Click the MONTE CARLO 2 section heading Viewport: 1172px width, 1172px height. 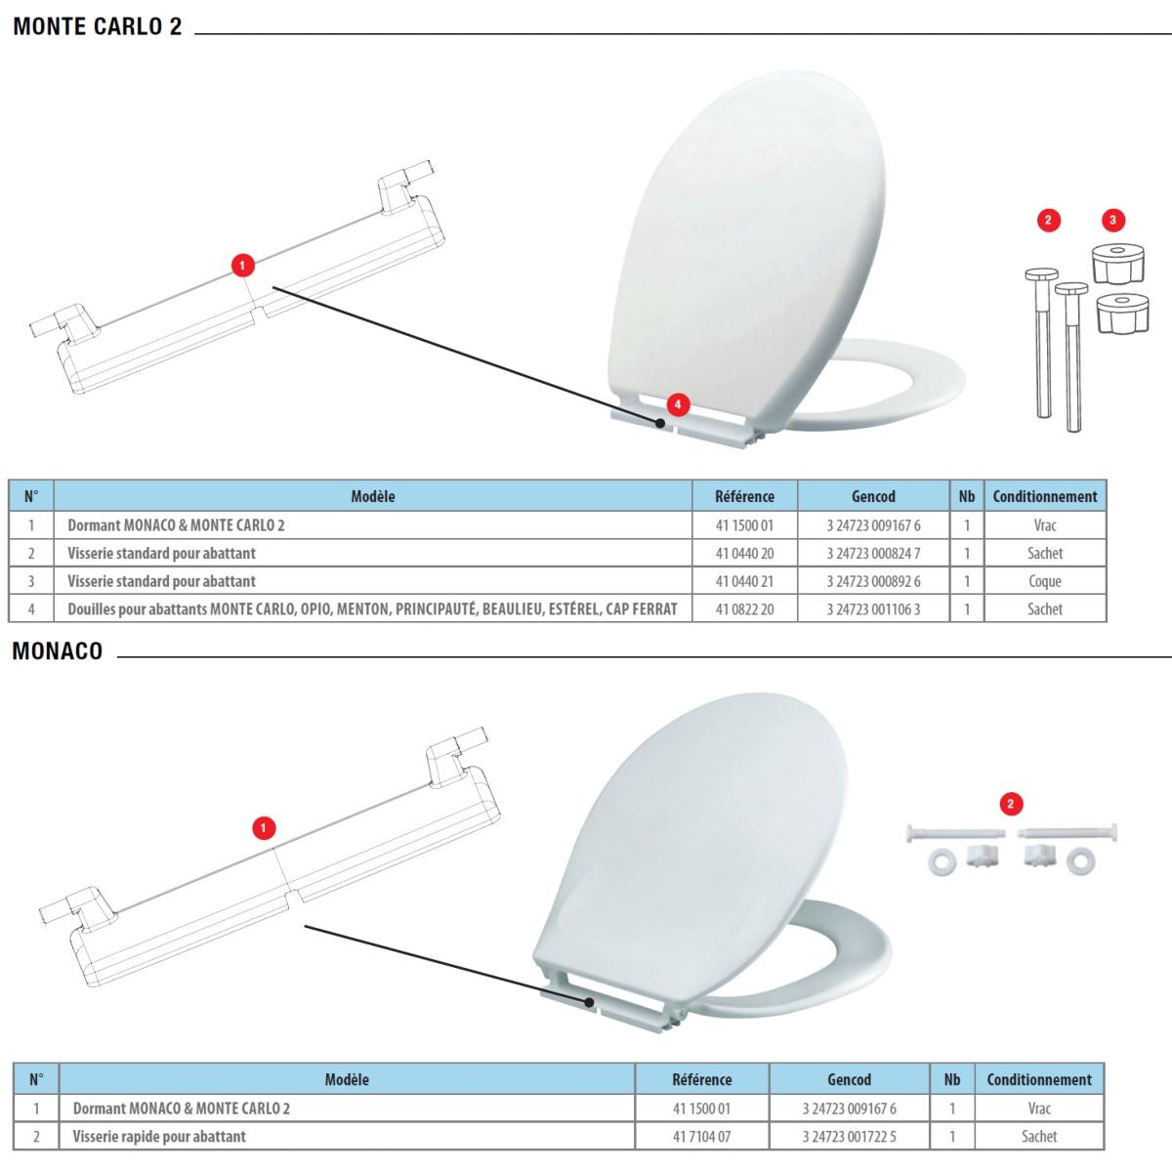point(98,26)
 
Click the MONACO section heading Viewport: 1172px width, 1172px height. point(58,650)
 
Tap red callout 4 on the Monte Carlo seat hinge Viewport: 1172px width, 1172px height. point(678,404)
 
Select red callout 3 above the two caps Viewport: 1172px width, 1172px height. point(1113,220)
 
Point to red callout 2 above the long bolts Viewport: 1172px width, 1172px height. point(1048,220)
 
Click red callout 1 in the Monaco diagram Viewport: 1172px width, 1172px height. point(264,828)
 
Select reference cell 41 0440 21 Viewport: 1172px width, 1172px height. point(744,581)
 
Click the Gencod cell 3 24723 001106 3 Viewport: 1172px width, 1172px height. point(873,609)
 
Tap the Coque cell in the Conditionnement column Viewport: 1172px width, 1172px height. point(1045,581)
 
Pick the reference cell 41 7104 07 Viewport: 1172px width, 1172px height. point(702,1136)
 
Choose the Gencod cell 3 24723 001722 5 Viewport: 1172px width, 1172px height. point(849,1136)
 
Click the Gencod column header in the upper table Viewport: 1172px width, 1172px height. point(873,496)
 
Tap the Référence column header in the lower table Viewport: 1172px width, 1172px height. point(702,1079)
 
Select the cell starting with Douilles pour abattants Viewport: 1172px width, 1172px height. point(373,609)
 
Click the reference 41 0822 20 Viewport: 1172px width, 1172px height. point(744,609)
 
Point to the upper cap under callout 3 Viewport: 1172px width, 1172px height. point(1118,264)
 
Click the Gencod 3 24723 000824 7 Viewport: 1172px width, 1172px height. point(873,554)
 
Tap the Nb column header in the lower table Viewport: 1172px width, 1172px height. point(952,1079)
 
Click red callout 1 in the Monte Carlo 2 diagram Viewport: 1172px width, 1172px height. point(242,266)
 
